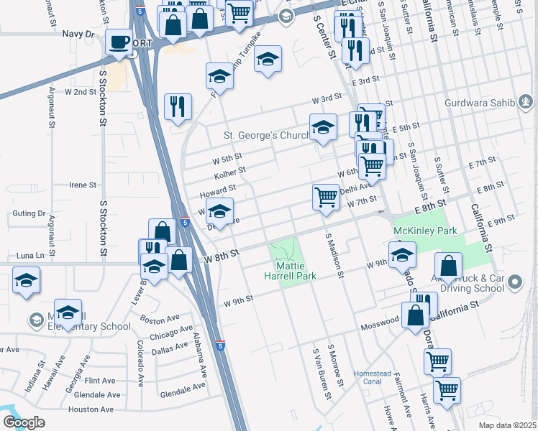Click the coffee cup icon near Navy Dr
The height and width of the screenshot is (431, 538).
(119, 41)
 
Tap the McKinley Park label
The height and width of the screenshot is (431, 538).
(425, 232)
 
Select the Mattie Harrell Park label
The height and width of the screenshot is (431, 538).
(286, 271)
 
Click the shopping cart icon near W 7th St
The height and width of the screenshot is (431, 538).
(327, 197)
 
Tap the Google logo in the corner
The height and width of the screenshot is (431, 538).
(23, 422)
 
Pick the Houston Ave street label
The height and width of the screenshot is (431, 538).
(91, 409)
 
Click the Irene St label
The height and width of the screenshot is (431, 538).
(82, 185)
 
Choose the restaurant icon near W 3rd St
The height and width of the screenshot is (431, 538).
(177, 107)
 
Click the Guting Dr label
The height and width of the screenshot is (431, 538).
(29, 213)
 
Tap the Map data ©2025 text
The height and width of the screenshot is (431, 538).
(507, 425)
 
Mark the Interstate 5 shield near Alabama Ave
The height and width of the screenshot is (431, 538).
(221, 346)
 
